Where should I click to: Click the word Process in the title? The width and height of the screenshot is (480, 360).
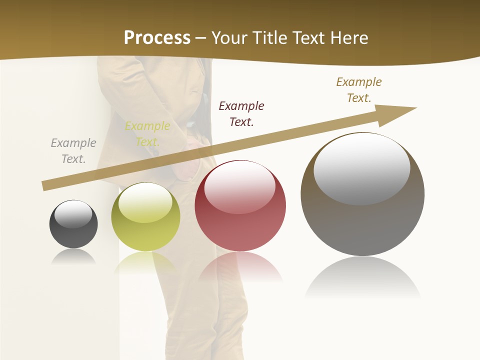click(157, 38)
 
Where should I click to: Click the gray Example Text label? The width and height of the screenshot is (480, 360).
click(73, 151)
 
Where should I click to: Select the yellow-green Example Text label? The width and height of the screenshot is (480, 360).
click(147, 134)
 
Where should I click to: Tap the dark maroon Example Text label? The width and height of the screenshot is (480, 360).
click(241, 113)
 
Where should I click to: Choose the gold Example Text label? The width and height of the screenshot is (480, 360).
click(359, 90)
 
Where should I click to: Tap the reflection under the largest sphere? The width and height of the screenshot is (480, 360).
click(362, 277)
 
